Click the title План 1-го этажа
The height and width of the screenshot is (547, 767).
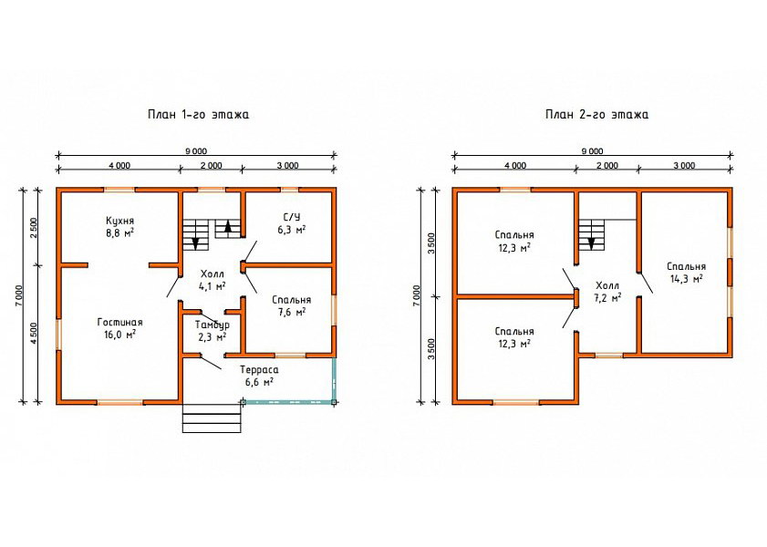(198, 114)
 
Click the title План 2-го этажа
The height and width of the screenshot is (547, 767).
(596, 114)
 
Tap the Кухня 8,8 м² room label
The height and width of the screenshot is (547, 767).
(119, 226)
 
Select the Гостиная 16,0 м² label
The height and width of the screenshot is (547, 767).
(119, 328)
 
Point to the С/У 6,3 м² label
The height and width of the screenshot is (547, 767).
(292, 223)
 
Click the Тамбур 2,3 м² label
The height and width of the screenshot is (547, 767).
(212, 330)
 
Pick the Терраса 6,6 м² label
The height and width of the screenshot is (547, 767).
(259, 376)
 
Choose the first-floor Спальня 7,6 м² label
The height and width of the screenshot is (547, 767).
(292, 305)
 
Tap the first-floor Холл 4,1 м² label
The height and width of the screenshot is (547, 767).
(212, 280)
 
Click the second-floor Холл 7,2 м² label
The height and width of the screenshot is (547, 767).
(607, 292)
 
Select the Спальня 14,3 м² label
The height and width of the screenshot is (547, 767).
(687, 273)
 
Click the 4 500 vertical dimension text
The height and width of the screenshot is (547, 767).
(34, 334)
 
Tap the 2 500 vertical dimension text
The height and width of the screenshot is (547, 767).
(34, 227)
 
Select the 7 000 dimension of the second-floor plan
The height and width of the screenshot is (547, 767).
(416, 294)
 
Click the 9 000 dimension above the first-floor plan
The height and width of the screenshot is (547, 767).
(196, 151)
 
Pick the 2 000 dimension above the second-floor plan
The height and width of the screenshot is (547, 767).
(607, 165)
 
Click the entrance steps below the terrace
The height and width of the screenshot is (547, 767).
(212, 418)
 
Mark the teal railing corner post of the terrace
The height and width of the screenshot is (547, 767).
(334, 402)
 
